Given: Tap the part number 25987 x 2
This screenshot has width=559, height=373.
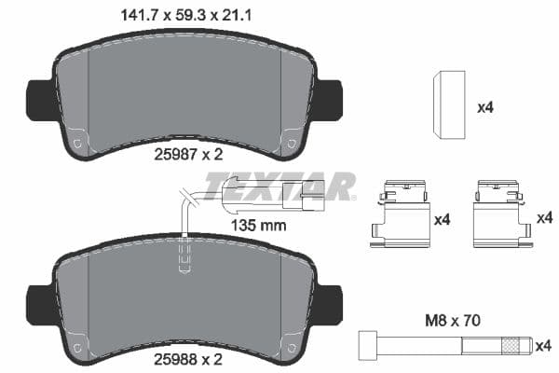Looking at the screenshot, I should point(189,156).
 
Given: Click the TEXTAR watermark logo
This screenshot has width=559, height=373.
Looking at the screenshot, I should point(279,186).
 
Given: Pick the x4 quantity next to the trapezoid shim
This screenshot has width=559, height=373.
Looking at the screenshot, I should point(484,107).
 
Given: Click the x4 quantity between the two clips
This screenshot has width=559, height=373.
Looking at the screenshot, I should point(443,220).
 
